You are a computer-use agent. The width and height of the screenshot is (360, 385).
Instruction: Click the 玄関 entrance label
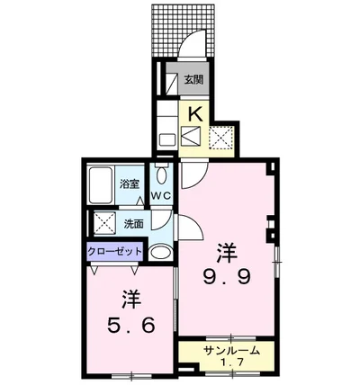(x=194, y=80)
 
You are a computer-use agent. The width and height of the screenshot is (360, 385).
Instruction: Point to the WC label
(x=162, y=194)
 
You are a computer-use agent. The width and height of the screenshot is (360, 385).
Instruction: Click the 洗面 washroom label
(x=134, y=223)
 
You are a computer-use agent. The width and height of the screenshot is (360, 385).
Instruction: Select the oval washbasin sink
(x=160, y=252)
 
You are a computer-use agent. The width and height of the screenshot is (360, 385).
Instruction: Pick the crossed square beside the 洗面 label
(x=103, y=223)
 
